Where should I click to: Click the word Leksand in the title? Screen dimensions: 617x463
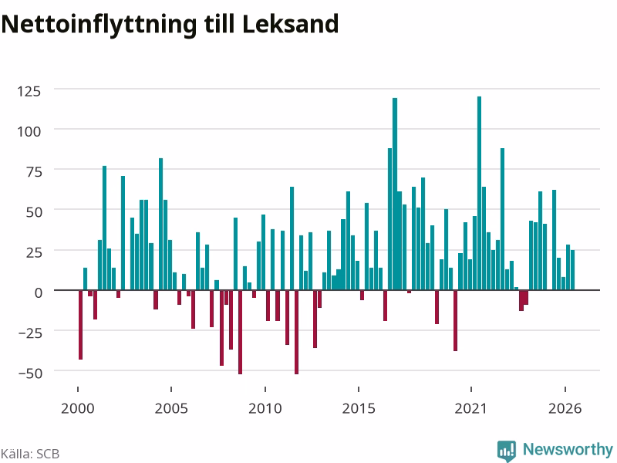[x=290, y=24]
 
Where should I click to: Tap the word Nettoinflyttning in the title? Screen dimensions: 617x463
[x=99, y=25]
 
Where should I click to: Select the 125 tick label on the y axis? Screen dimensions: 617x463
[x=29, y=91]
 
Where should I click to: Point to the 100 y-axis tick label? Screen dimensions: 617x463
[x=29, y=131]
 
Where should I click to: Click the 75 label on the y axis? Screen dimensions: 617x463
[x=34, y=171]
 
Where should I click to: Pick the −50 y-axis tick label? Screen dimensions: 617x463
[x=30, y=373]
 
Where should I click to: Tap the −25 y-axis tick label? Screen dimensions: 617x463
[x=30, y=333]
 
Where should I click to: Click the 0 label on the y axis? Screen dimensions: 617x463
[x=38, y=292]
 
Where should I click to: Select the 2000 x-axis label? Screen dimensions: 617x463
[x=78, y=408]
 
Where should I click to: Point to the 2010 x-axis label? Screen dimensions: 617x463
[x=265, y=408]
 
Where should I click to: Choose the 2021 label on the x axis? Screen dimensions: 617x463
[x=470, y=408]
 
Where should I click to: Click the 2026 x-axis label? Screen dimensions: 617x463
[x=565, y=408]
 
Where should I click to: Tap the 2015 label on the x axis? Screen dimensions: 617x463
[x=359, y=408]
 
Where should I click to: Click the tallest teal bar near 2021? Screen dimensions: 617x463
[x=479, y=194]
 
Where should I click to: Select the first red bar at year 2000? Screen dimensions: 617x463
[x=81, y=325]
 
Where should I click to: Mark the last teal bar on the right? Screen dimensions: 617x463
[x=572, y=270]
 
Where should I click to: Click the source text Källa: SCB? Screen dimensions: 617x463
[x=30, y=454]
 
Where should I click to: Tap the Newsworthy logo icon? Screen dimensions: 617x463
[x=507, y=451]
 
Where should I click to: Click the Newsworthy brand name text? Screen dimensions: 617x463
[x=568, y=449]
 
